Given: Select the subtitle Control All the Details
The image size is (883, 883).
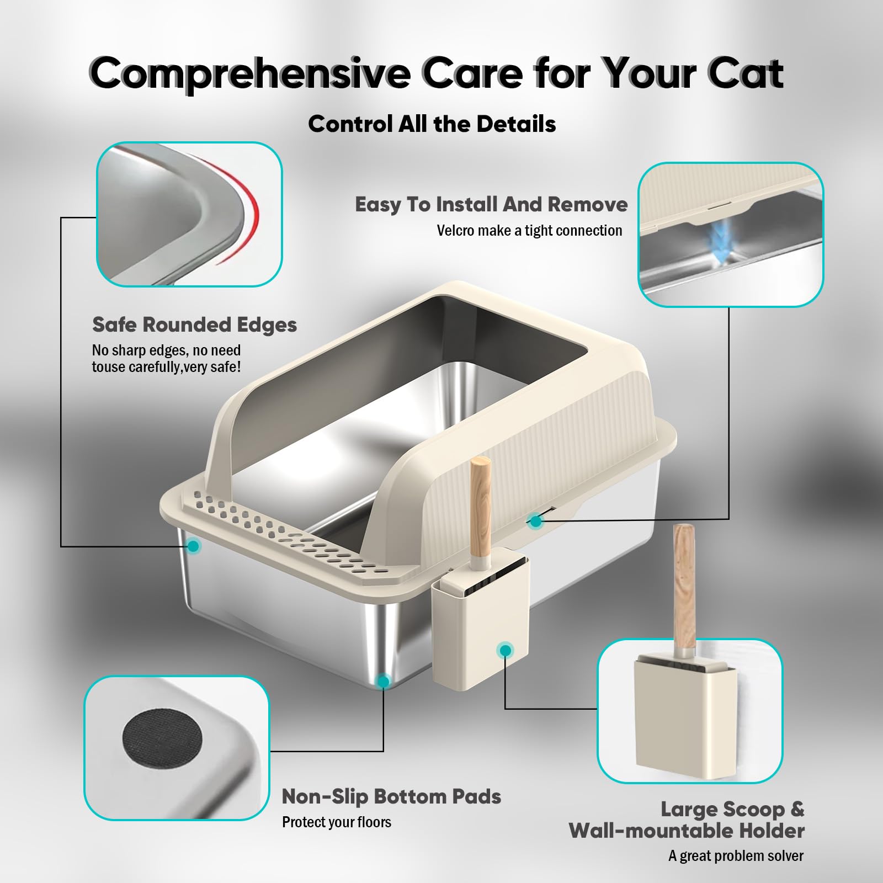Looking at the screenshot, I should pos(432,124).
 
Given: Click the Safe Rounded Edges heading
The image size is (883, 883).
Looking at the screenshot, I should pos(194,325).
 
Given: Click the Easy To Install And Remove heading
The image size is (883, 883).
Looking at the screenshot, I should pos(491,205).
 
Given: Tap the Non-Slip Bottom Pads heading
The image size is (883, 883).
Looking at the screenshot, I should pos(391,796).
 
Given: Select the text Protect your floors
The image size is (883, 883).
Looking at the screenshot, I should pos(336,822).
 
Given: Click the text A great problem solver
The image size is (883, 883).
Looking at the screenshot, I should pos(736,856).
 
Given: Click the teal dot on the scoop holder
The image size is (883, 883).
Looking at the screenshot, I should pos(504,651).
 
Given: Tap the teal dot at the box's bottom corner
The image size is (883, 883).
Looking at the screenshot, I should pos(382,682).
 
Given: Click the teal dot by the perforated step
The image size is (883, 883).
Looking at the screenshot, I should pos(193,546).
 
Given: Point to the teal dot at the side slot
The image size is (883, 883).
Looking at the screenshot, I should pos(534,520).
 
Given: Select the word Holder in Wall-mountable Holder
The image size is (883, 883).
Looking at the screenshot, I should pos(772,831).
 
